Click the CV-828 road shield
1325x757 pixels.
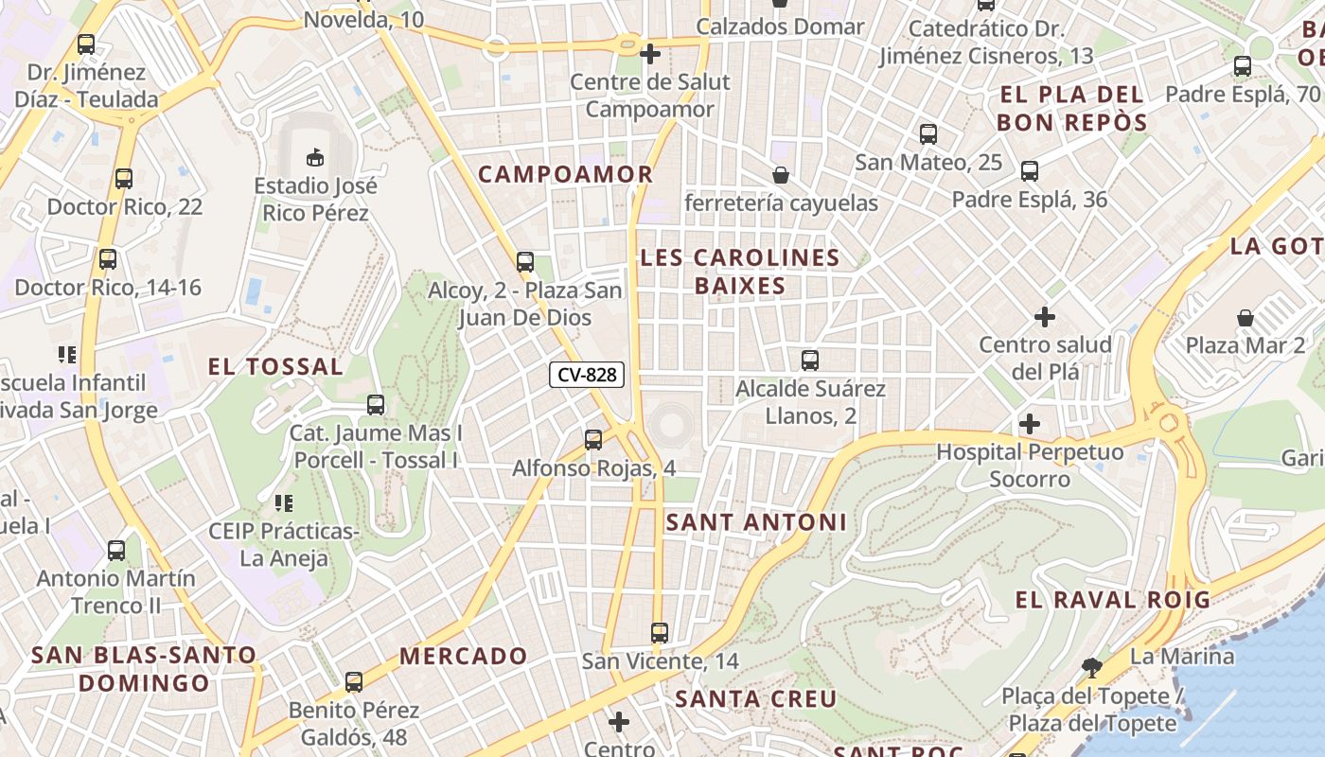[587, 375]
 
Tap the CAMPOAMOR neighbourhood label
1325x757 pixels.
[565, 174]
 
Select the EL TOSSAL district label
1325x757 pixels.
[275, 367]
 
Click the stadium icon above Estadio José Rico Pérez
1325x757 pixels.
[315, 156]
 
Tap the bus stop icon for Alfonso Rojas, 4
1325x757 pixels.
[593, 439]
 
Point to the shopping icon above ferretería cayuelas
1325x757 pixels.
[781, 175]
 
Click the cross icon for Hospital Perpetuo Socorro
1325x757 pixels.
[1030, 424]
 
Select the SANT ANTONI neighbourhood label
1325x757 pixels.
[756, 522]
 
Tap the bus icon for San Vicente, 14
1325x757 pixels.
[660, 632]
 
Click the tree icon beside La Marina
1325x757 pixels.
[1092, 668]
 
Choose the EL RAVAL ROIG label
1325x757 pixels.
[1113, 600]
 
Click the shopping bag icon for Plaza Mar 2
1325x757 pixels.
[1245, 318]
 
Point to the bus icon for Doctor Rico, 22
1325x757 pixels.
[124, 179]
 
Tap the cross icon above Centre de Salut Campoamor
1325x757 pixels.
[650, 54]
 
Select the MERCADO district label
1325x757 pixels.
[464, 656]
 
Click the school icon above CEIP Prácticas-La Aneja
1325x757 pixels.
[283, 503]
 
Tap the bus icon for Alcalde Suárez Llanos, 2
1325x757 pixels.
[810, 361]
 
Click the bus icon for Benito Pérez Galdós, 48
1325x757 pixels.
[354, 681]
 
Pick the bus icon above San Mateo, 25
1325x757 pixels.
[928, 134]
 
